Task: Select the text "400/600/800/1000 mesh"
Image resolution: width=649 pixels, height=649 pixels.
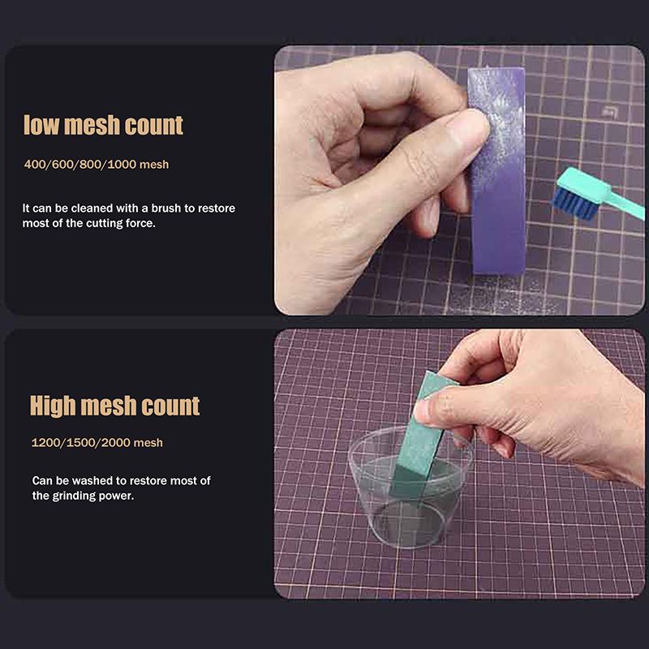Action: tap(97, 165)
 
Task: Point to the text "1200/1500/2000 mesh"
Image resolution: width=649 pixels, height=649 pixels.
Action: tap(97, 443)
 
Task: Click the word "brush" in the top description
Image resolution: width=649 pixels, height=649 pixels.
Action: tap(161, 208)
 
